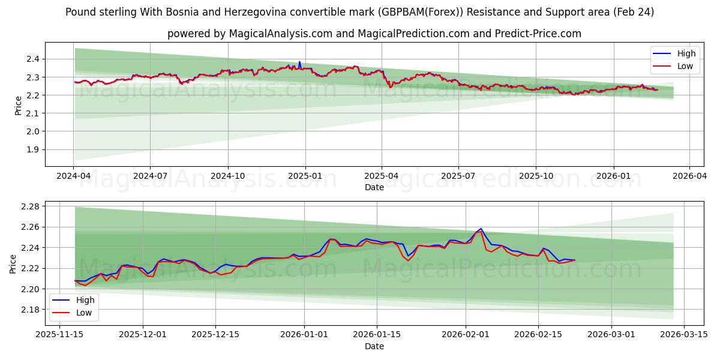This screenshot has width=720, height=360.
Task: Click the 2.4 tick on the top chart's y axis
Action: (32, 59)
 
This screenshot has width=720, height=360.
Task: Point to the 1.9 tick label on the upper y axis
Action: (32, 149)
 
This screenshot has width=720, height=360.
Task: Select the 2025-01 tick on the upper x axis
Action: (305, 176)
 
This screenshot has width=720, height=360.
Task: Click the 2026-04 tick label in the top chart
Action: (689, 176)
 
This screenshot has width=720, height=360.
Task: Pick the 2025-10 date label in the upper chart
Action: (536, 176)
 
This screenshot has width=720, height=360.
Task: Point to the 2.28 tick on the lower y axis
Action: (29, 206)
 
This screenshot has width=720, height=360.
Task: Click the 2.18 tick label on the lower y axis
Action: (29, 310)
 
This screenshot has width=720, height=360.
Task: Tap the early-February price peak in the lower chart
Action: (481, 229)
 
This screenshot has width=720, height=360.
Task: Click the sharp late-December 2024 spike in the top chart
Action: (299, 61)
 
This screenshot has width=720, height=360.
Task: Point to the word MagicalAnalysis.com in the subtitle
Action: (280, 34)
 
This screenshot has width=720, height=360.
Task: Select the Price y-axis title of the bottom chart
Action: (13, 263)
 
